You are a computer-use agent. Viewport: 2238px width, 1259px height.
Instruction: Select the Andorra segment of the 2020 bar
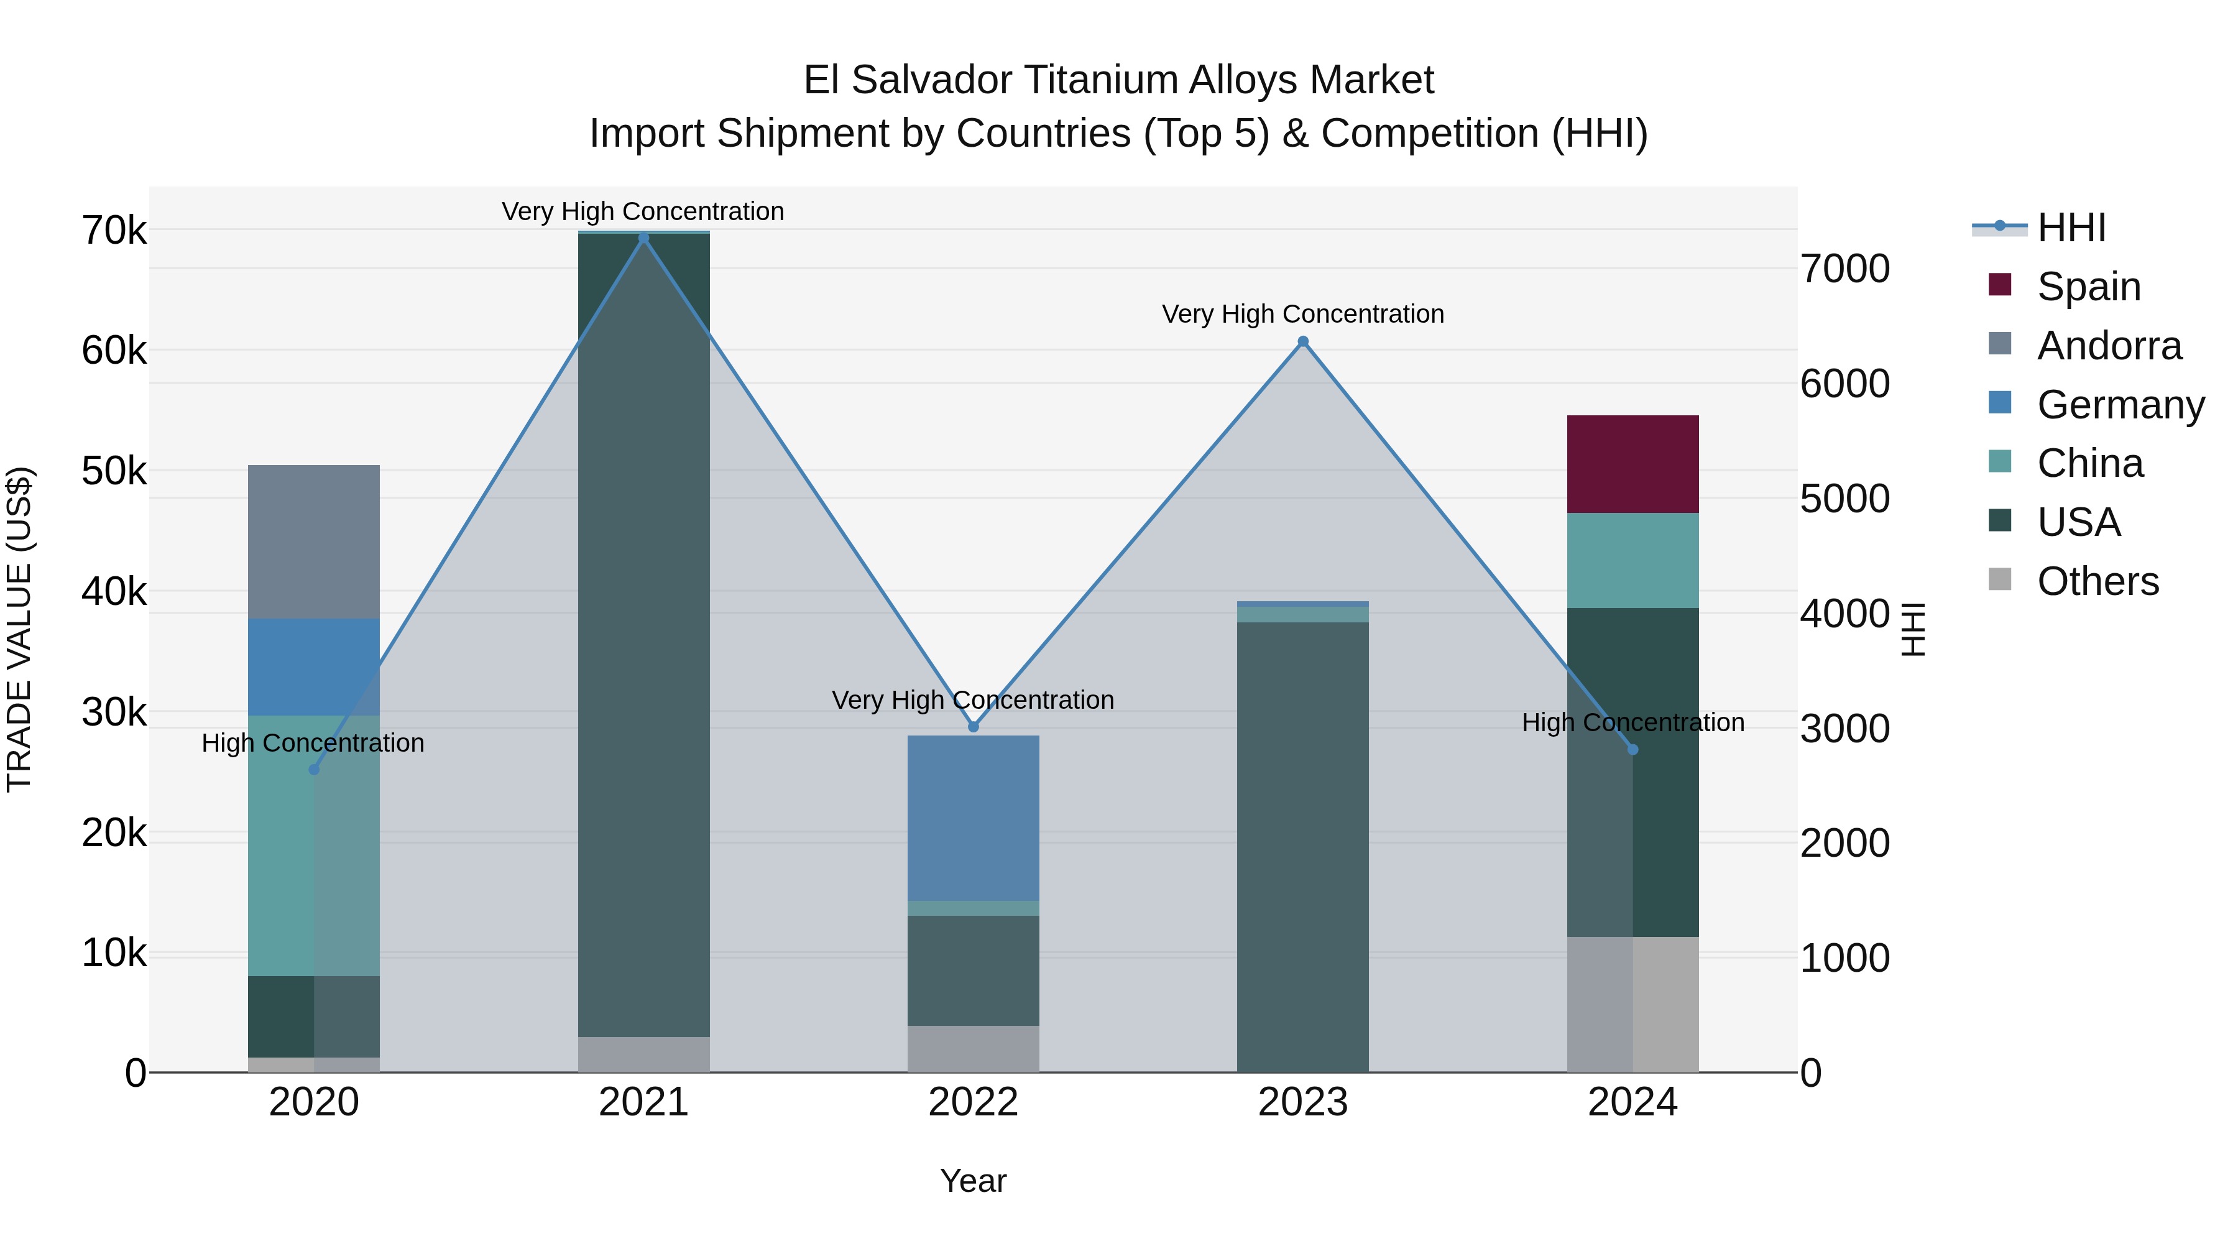pos(314,542)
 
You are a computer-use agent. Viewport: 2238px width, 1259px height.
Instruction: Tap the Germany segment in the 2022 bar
pos(973,818)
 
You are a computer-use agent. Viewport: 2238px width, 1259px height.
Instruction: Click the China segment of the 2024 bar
pos(1632,560)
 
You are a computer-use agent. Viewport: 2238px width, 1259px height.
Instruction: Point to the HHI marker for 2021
pos(644,238)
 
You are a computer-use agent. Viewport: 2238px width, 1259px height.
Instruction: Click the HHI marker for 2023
pos(1302,341)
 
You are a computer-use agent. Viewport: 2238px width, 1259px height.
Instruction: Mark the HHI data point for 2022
pos(973,726)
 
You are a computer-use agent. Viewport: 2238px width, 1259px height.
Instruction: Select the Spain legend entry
pos(2088,287)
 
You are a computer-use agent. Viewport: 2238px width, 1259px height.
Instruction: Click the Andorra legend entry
pos(2109,346)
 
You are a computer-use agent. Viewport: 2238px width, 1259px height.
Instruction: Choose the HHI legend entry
pos(2070,228)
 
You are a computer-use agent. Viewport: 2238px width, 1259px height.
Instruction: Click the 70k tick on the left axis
pos(114,231)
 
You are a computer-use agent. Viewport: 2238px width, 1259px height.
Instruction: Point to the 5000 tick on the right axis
pos(1844,499)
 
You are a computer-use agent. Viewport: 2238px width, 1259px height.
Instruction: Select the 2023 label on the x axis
pos(1302,1102)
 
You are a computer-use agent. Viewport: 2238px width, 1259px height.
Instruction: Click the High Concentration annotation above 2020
pos(313,743)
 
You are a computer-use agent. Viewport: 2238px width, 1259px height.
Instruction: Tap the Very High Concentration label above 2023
pos(1302,314)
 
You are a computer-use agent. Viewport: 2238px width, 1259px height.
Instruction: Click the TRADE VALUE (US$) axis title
pos(19,629)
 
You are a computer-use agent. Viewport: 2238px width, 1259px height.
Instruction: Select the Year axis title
pos(973,1181)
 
